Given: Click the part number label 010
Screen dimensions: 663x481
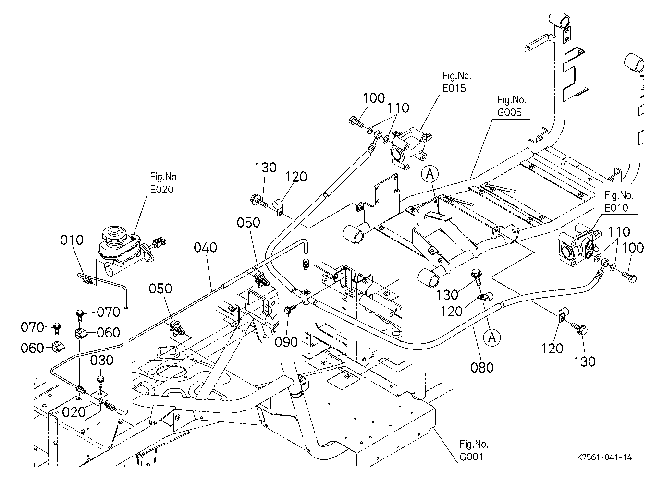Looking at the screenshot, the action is [x=72, y=240].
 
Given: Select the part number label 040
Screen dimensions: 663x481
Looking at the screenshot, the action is [x=206, y=248].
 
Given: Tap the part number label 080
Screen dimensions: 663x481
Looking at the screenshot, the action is [x=482, y=368].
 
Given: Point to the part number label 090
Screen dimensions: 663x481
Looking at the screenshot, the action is [x=286, y=342].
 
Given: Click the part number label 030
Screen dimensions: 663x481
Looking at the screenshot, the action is [x=102, y=361].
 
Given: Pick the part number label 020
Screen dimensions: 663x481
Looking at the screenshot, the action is [x=74, y=412].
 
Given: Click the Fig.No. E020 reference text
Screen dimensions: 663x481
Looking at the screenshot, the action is [x=165, y=183].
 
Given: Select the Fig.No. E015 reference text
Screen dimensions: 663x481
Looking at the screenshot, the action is [x=457, y=82].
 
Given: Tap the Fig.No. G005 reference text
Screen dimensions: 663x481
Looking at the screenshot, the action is [x=512, y=106].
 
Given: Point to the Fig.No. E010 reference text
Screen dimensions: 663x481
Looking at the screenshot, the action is [x=619, y=202].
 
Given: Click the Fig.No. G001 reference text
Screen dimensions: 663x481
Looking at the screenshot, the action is [x=474, y=451].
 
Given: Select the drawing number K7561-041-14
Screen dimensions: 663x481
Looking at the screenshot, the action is [x=604, y=457].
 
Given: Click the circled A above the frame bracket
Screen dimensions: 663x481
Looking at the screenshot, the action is [x=430, y=174].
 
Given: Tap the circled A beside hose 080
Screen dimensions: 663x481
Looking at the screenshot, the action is [x=492, y=337].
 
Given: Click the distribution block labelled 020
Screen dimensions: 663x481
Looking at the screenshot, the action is [x=99, y=398].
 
